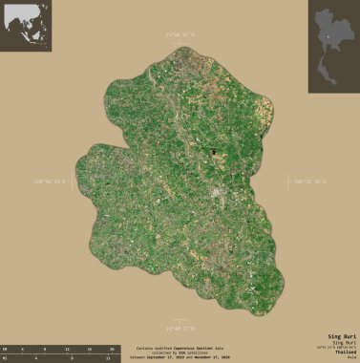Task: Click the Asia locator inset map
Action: tap(26, 26)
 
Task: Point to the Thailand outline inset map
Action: tap(333, 30)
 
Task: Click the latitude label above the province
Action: tap(179, 34)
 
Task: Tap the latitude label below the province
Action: tap(179, 327)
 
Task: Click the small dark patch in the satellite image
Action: tap(214, 150)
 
